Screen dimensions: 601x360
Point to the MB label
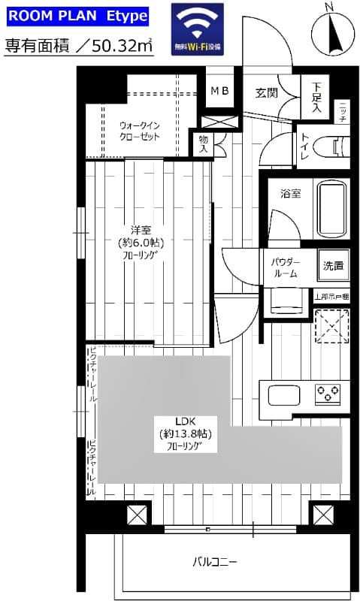coord(219,92)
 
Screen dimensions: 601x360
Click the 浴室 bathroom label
coord(292,193)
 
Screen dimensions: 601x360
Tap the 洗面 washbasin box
coord(333,265)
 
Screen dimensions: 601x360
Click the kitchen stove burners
coord(328,391)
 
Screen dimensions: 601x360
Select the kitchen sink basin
coord(284,394)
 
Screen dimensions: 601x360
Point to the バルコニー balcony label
coord(215,562)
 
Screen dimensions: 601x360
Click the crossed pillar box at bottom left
coord(136,516)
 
